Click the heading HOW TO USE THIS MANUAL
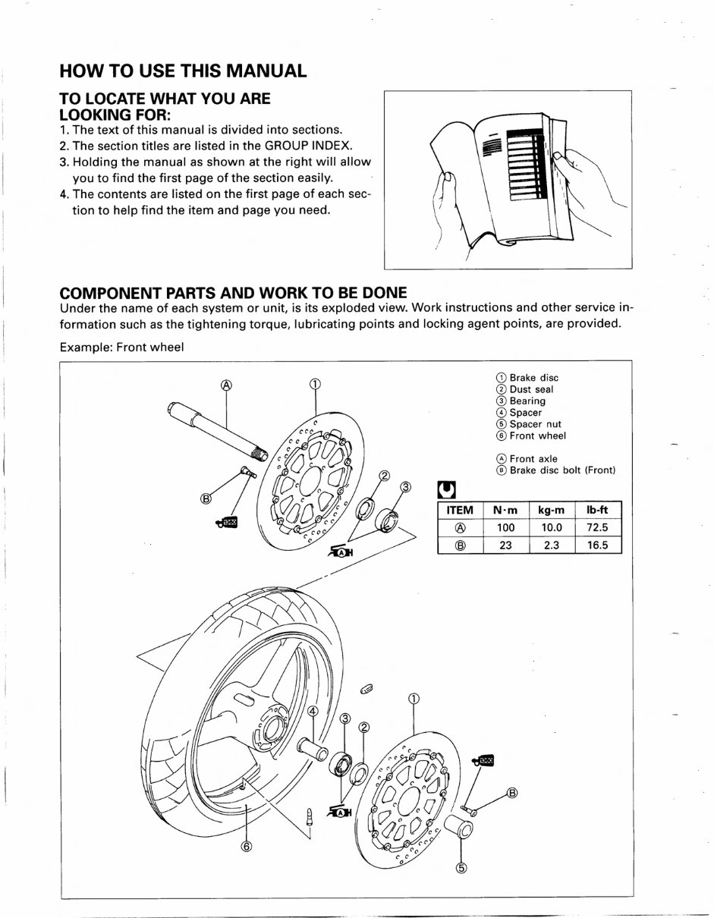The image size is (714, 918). pos(183,71)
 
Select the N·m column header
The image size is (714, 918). pos(505,511)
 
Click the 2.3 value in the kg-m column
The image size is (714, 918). pos(552,545)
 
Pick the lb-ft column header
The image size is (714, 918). pos(597,511)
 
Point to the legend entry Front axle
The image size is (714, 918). pos(533,458)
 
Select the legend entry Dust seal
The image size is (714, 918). pos(531,389)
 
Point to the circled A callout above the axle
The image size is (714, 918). pos(225,385)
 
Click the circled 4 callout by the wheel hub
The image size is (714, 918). pos(313,710)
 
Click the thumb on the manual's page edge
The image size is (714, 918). pos(563,159)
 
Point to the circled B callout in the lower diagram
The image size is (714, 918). pos(511,794)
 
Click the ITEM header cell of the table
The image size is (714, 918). pos(459,511)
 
